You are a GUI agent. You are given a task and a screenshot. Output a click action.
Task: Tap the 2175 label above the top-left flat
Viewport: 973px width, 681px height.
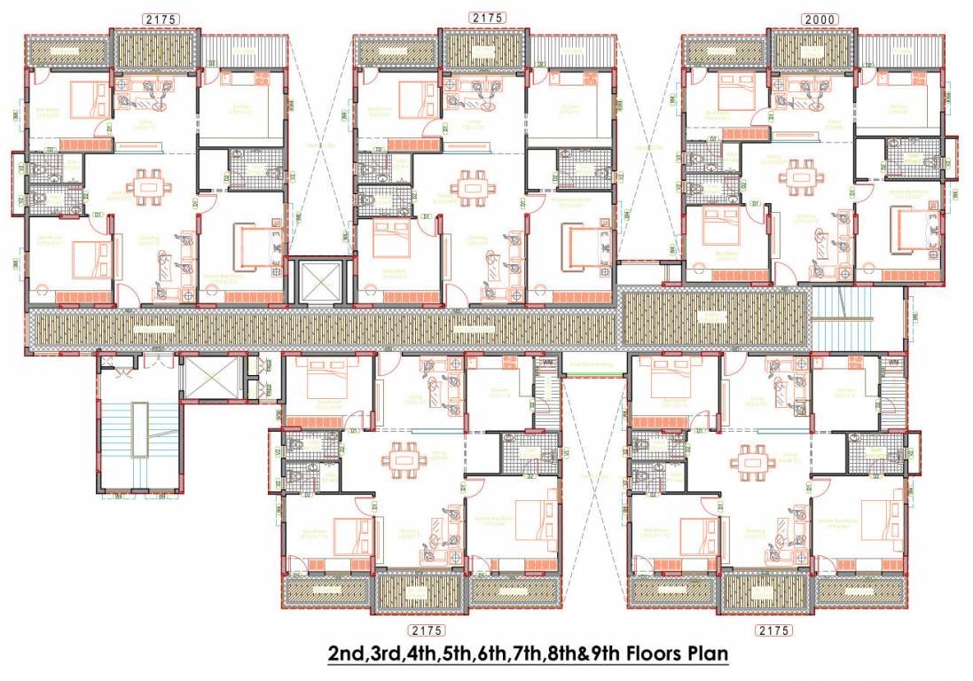tap(161, 19)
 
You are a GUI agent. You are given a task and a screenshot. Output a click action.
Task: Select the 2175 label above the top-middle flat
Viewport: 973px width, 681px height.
tap(489, 18)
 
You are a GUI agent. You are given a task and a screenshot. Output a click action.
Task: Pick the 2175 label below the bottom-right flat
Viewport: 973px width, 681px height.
tap(773, 630)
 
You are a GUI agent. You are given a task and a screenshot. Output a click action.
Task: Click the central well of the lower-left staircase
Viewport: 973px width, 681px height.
tap(139, 429)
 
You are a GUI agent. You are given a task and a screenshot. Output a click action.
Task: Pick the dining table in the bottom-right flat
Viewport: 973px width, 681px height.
tap(751, 461)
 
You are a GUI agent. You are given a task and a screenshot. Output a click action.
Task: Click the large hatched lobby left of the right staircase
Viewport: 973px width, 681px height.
tap(714, 318)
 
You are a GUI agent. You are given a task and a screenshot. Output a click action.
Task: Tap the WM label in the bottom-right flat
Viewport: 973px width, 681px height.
tap(893, 363)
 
